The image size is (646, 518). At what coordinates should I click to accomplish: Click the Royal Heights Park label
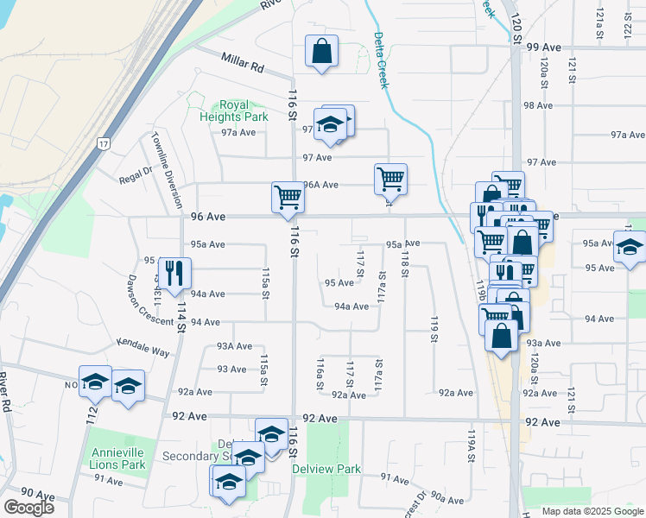221,111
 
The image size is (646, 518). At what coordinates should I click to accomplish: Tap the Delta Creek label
381,60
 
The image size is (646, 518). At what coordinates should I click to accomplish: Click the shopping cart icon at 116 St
288,197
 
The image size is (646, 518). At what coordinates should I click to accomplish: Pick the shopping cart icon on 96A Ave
390,179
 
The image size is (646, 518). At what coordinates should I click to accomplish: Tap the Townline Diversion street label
165,165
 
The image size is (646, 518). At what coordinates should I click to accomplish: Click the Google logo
28,507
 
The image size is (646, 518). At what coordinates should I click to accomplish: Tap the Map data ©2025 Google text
592,511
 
